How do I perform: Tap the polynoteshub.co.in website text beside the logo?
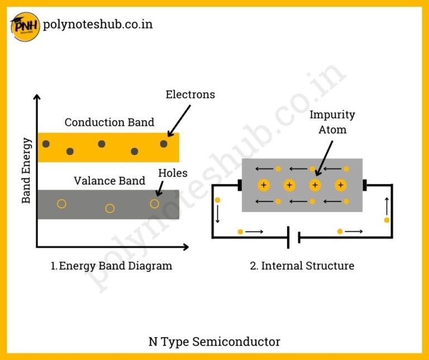(97, 25)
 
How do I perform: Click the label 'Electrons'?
(190, 94)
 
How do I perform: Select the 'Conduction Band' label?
(109, 122)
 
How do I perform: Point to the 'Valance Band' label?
(109, 181)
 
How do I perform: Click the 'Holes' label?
(173, 173)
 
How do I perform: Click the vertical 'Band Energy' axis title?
(26, 170)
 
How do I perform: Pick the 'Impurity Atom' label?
(332, 122)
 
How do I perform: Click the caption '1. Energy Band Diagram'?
(111, 266)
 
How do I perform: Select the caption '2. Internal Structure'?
(302, 266)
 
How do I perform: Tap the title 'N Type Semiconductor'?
(214, 341)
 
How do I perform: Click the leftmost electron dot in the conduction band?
(46, 144)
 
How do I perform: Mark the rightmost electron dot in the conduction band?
(164, 144)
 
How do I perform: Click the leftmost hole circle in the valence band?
(61, 204)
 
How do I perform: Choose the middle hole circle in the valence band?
(110, 209)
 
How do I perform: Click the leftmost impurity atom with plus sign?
(263, 185)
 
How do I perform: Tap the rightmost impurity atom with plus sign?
(340, 185)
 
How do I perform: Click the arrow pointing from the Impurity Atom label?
(325, 157)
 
